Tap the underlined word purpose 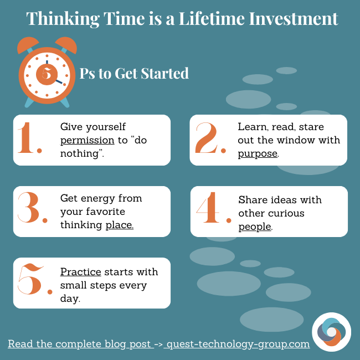click(x=258, y=153)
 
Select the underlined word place click(x=119, y=224)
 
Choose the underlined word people click(x=255, y=226)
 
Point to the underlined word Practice click(x=81, y=272)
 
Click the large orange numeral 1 click(x=28, y=138)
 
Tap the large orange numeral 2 click(x=207, y=138)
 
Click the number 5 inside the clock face click(x=47, y=73)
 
